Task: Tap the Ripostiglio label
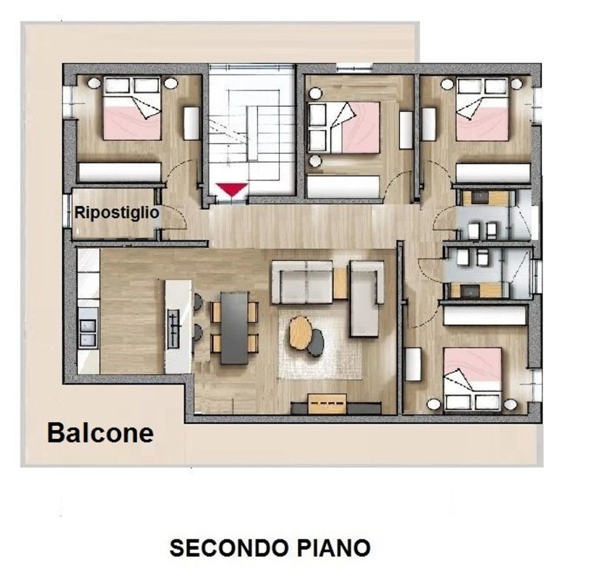click(x=117, y=213)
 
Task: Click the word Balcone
click(x=100, y=433)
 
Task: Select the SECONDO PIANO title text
click(x=270, y=547)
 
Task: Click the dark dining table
click(x=235, y=327)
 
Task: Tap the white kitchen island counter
click(x=178, y=327)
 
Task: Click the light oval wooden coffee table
click(x=300, y=332)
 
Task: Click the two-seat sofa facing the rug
click(x=303, y=282)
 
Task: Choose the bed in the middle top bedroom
click(x=344, y=128)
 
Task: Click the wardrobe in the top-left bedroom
click(x=119, y=172)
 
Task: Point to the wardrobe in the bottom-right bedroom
click(x=485, y=315)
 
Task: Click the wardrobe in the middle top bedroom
click(x=343, y=187)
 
